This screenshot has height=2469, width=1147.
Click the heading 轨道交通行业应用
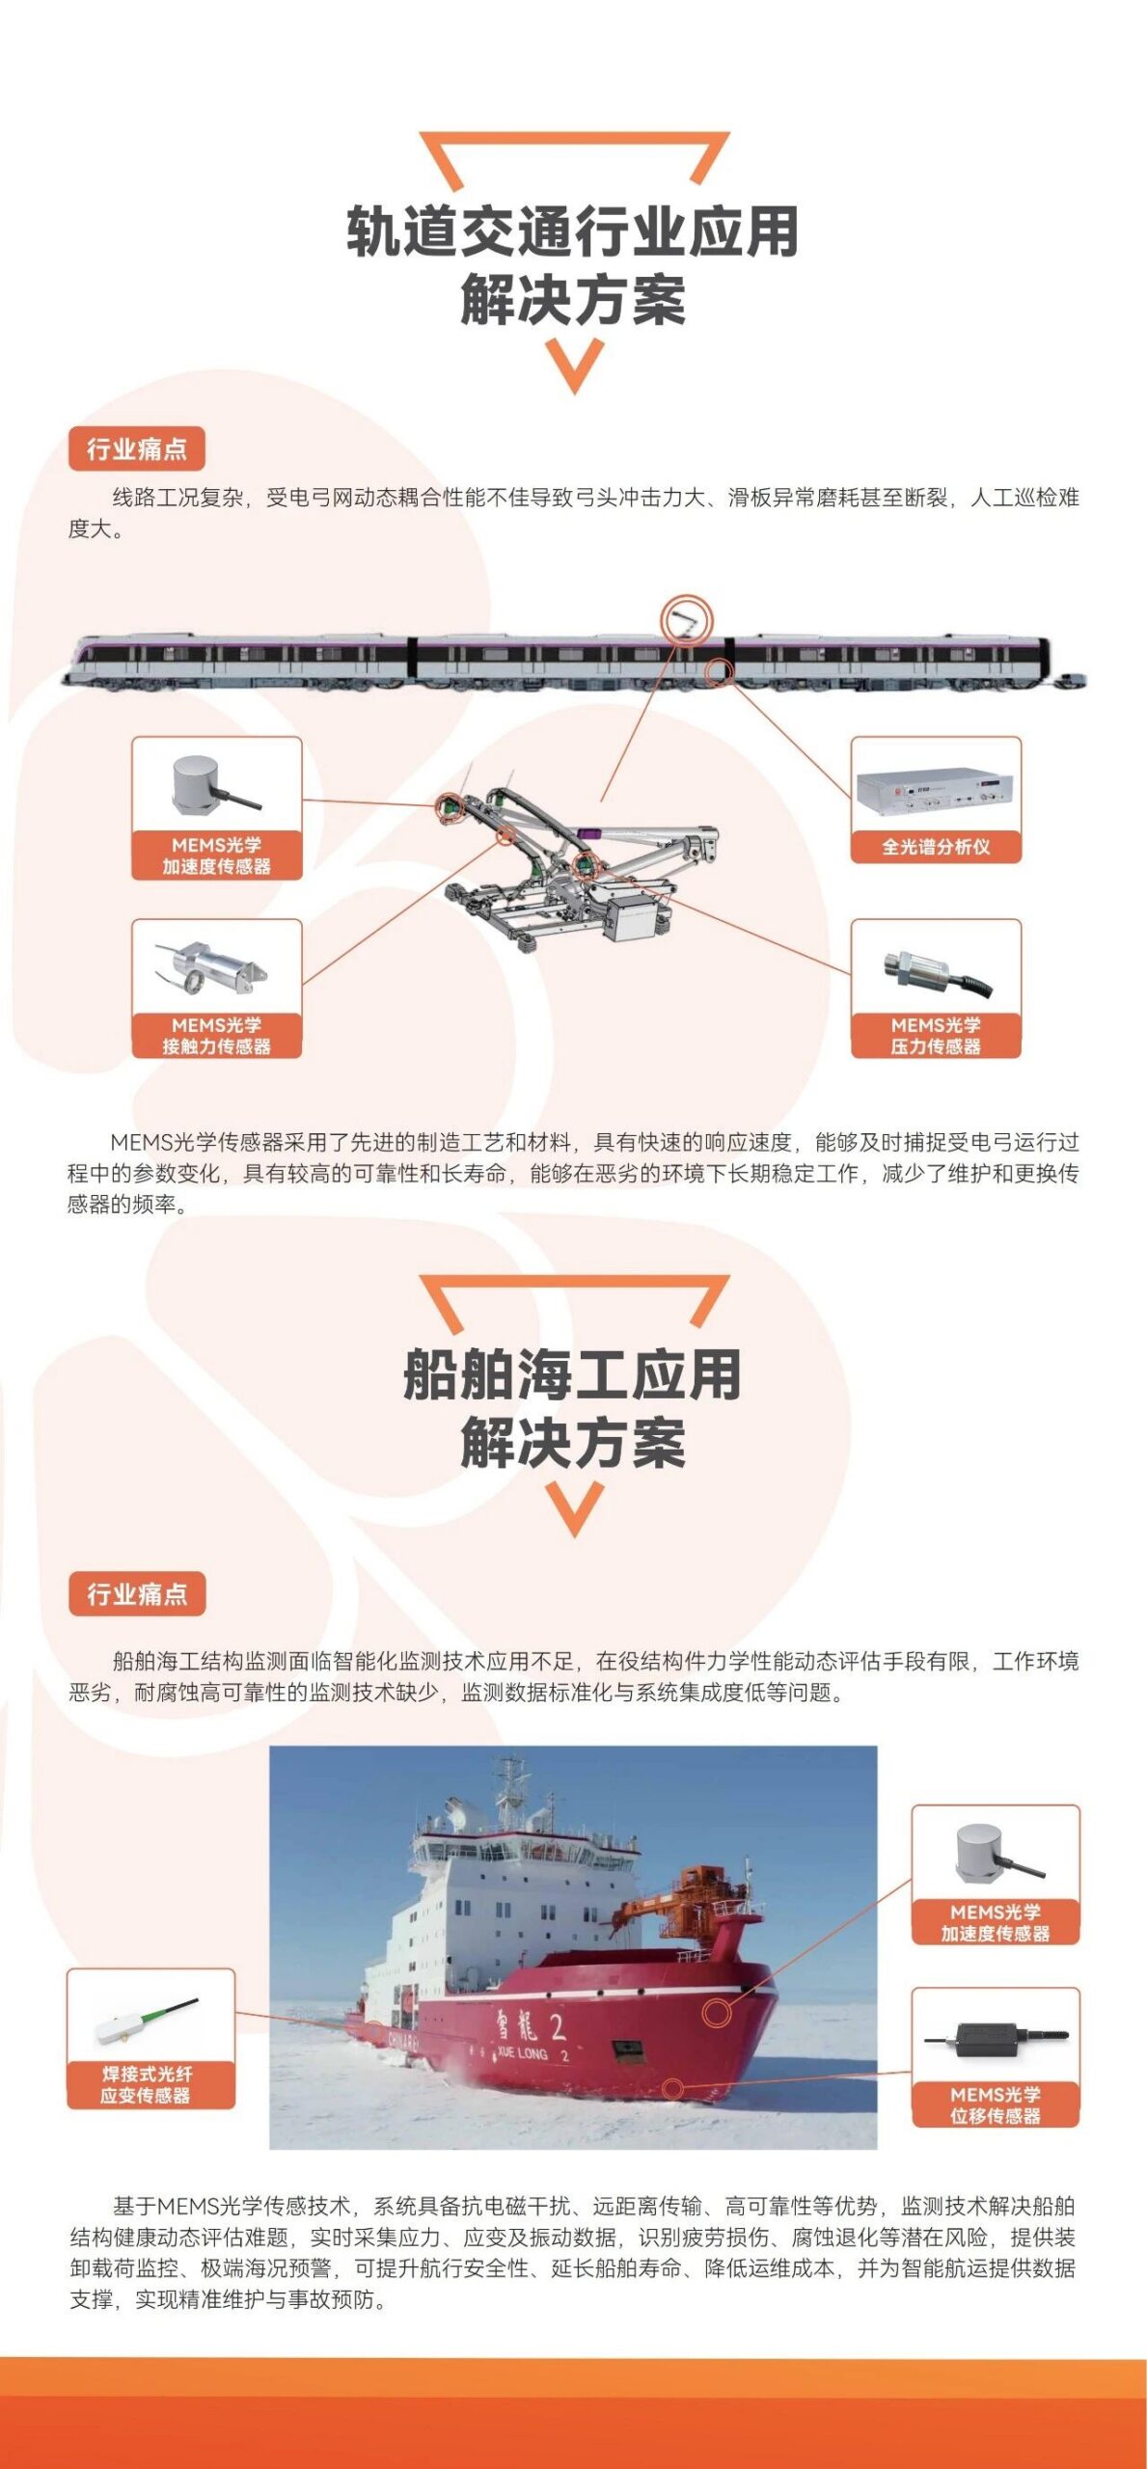573,231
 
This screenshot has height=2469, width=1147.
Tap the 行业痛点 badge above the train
137,449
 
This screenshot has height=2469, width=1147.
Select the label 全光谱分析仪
936,847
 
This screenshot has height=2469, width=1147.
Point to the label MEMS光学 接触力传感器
216,1036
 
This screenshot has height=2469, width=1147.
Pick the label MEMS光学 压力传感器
936,1036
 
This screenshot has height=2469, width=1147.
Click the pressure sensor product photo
938,972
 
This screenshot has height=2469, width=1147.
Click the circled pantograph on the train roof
686,619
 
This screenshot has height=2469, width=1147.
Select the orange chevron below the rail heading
574,366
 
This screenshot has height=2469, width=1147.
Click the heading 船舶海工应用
573,1374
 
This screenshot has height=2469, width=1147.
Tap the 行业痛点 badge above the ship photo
137,1594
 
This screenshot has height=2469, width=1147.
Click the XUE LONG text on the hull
522,2052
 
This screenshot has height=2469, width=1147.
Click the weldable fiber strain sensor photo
147,2021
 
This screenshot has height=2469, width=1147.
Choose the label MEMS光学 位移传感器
996,2104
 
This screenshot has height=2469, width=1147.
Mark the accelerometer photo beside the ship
994,1853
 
